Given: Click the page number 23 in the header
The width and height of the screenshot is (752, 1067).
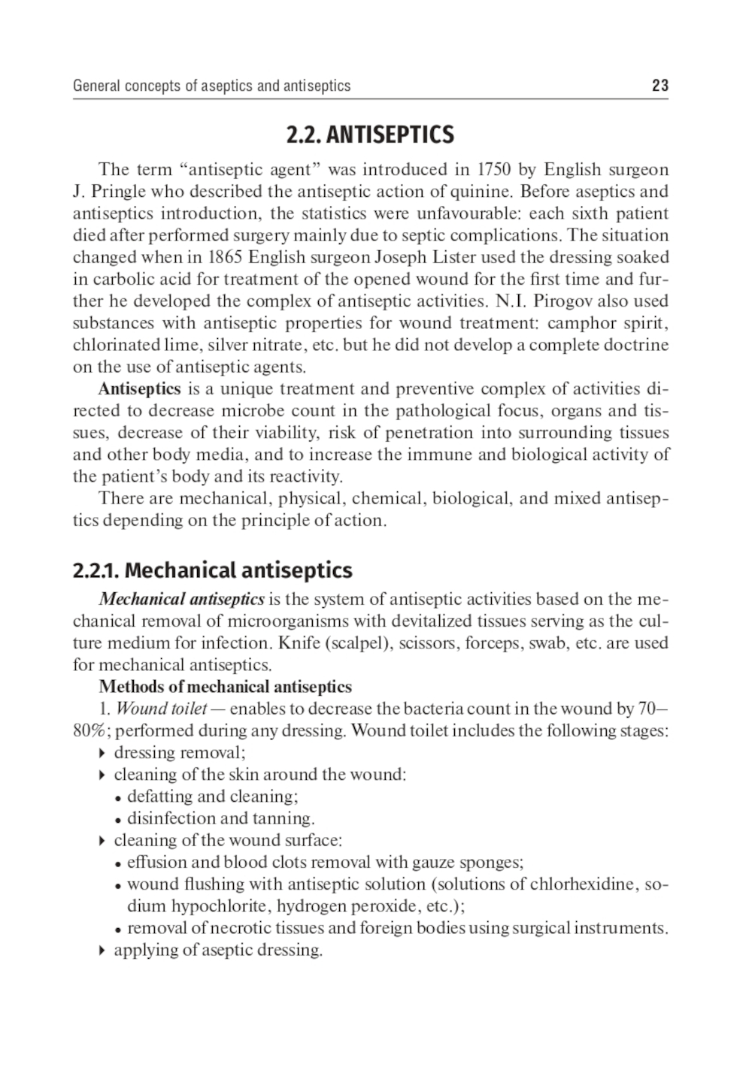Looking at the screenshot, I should tap(660, 86).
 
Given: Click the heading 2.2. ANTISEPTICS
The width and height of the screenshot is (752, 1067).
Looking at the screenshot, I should tap(370, 135).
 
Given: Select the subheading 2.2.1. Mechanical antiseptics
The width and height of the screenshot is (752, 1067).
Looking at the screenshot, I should tap(212, 570).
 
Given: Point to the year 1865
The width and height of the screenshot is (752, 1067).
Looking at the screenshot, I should tap(223, 258).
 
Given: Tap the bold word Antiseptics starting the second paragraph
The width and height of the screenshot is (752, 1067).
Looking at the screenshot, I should tap(139, 389).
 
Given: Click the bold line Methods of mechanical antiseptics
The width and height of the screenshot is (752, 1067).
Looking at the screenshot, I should tap(225, 687).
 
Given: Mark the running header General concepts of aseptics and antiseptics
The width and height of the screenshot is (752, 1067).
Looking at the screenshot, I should tap(211, 86).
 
